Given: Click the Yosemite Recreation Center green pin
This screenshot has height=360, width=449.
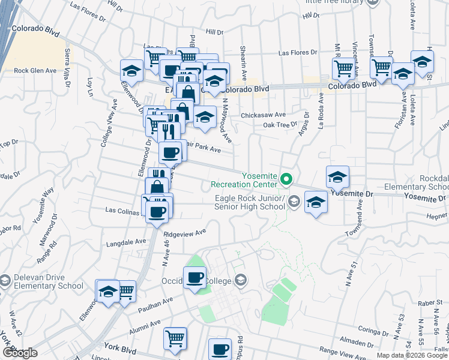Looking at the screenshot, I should (x=287, y=179).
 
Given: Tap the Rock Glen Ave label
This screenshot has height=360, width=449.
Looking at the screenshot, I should (x=35, y=70).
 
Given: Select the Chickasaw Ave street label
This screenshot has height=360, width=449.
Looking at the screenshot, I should (x=263, y=114).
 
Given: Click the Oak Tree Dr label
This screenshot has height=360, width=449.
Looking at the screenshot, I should (x=280, y=124).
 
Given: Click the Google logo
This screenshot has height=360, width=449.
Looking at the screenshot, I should (x=20, y=353).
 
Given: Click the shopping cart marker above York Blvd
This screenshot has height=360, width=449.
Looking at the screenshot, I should (x=175, y=338).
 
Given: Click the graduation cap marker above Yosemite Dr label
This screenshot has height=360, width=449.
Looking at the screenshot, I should (x=337, y=177).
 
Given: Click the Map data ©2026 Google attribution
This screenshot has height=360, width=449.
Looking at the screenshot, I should (x=412, y=355).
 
